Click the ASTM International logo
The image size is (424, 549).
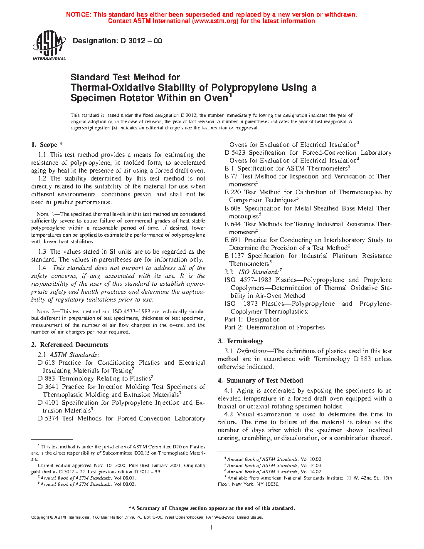coord(49,46)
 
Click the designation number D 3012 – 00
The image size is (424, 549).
coord(141,41)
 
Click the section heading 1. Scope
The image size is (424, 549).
coord(47,145)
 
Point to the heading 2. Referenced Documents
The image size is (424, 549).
coord(69,345)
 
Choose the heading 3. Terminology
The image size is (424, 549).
coord(241,341)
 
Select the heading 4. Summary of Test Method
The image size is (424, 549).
coord(260,381)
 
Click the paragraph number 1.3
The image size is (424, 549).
coord(42,252)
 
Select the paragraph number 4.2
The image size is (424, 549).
coord(229,414)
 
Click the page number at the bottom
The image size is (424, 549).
coord(212,528)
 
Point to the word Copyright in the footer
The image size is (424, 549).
coord(40,517)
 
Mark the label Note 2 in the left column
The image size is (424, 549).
coord(42,312)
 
